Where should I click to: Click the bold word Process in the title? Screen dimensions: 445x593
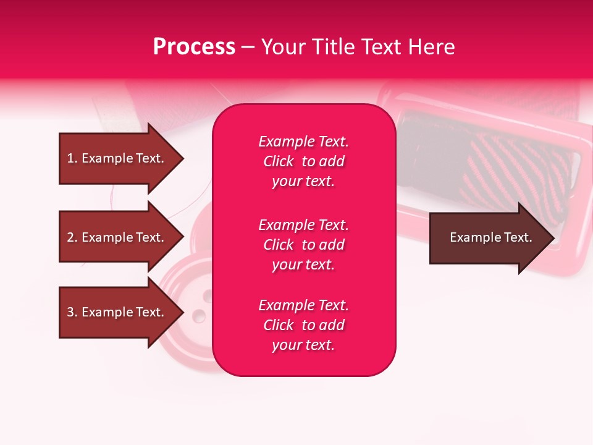(x=194, y=47)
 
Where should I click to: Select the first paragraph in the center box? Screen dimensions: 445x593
(x=303, y=161)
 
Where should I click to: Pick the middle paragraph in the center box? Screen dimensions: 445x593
(x=303, y=244)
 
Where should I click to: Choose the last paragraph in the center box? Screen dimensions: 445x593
(x=303, y=325)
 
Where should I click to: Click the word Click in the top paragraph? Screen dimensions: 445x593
(x=278, y=161)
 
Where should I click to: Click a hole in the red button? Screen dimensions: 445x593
(x=199, y=317)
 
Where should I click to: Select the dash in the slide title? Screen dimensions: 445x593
(x=248, y=48)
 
